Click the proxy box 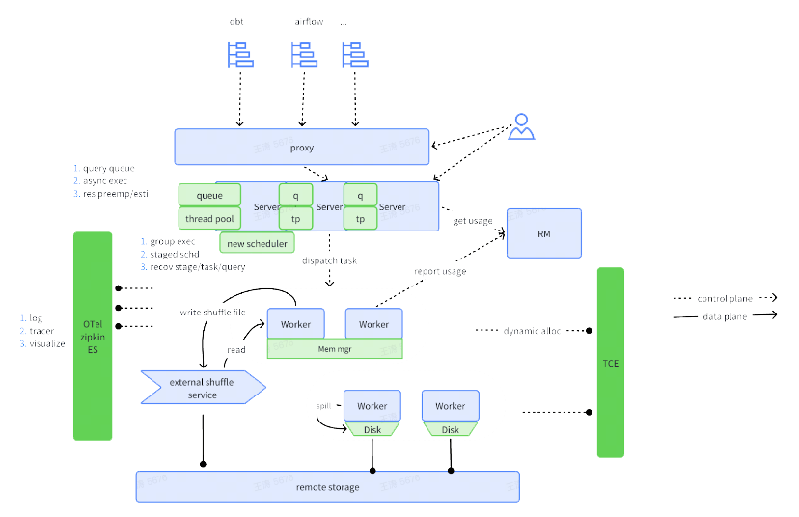(x=302, y=148)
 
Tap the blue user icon (x=522, y=127)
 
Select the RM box (x=543, y=232)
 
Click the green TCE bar (x=611, y=363)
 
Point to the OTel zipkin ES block (x=93, y=336)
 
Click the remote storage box (x=327, y=486)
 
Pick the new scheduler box (x=257, y=243)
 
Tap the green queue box (x=209, y=196)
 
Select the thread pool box (x=209, y=219)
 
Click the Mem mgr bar (x=334, y=349)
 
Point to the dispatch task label (x=329, y=261)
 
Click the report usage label (x=440, y=272)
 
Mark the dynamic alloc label (x=532, y=331)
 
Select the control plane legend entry (x=725, y=299)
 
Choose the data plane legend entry (x=725, y=315)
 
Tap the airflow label (x=308, y=21)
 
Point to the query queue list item (x=108, y=168)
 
